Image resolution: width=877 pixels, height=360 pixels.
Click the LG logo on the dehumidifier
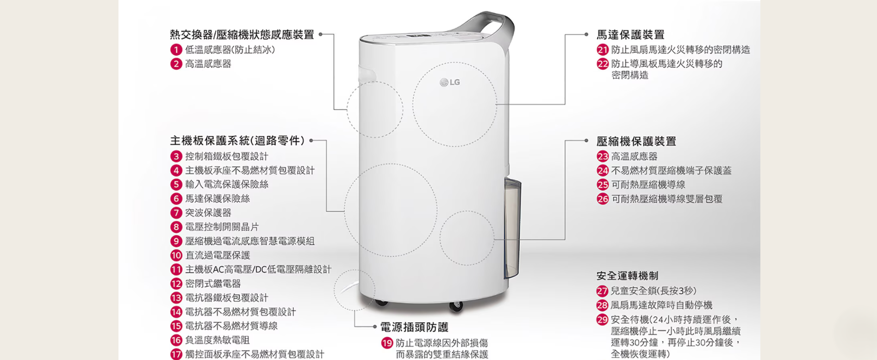pyautogui.click(x=450, y=82)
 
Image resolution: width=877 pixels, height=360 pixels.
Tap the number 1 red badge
pyautogui.click(x=176, y=50)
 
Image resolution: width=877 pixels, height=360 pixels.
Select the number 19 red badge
pyautogui.click(x=387, y=343)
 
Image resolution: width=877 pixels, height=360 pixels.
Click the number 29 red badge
pyautogui.click(x=602, y=320)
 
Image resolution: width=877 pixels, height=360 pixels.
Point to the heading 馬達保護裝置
pyautogui.click(x=630, y=35)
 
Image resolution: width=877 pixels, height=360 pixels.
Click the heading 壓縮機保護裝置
pyautogui.click(x=636, y=141)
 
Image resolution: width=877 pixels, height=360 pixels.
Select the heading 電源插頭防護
pyautogui.click(x=414, y=327)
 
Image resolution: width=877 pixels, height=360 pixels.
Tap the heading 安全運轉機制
pyautogui.click(x=627, y=276)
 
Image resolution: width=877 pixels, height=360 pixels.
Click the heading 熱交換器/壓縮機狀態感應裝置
pyautogui.click(x=242, y=35)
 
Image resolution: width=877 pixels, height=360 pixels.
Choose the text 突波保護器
pyautogui.click(x=208, y=213)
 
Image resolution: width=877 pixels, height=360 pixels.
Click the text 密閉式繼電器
pyautogui.click(x=213, y=284)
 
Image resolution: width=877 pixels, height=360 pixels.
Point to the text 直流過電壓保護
pyautogui.click(x=218, y=255)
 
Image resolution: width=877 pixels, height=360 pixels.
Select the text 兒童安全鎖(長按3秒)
pyautogui.click(x=653, y=291)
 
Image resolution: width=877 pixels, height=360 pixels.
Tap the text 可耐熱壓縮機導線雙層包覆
pyautogui.click(x=666, y=199)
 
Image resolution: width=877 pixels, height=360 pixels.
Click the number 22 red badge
pyautogui.click(x=603, y=64)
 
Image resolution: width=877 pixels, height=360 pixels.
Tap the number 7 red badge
pyautogui.click(x=176, y=213)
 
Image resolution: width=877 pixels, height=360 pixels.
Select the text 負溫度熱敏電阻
pyautogui.click(x=217, y=340)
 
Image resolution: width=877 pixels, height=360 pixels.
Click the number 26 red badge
pyautogui.click(x=603, y=199)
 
